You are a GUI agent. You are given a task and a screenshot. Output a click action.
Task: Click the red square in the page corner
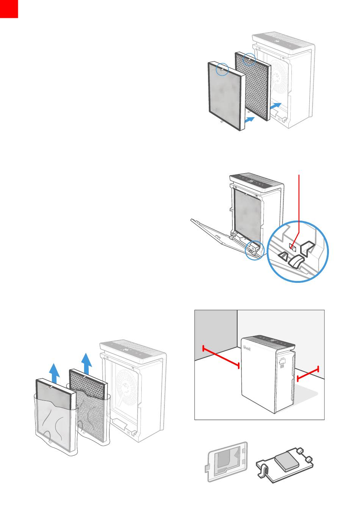(x=9, y=8)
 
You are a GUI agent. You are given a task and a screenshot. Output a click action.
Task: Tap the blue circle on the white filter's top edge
(x=222, y=69)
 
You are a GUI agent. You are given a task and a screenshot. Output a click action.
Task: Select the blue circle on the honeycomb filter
(x=249, y=59)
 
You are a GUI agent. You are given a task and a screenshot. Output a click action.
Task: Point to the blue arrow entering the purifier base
(x=276, y=105)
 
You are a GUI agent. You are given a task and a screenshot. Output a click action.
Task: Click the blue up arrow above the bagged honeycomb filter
(x=87, y=362)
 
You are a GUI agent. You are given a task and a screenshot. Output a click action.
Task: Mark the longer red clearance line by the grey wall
(x=221, y=356)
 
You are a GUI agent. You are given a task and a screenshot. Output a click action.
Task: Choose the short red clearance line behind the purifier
(x=308, y=373)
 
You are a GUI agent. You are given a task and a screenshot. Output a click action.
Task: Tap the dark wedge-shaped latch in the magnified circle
(x=297, y=261)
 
